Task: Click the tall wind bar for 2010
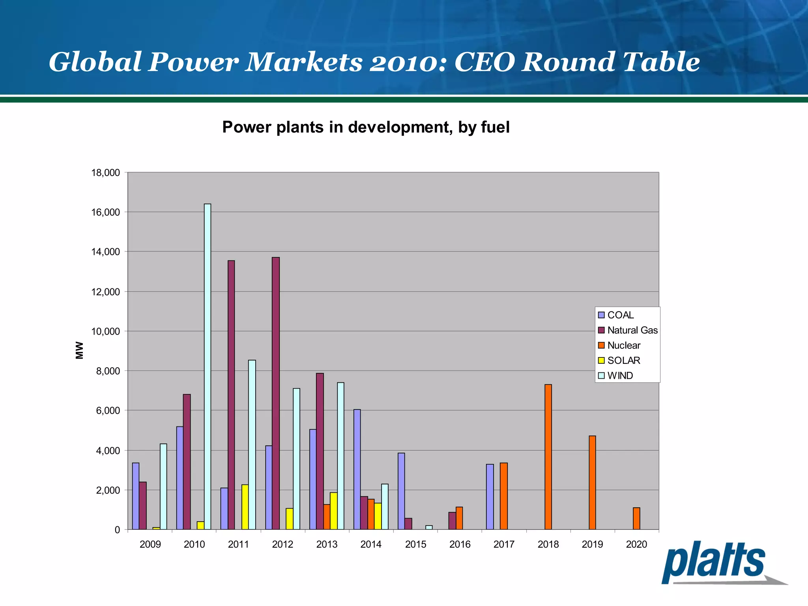208,367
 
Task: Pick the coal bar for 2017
490,497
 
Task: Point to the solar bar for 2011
245,507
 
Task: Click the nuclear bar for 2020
636,518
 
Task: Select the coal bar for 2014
357,469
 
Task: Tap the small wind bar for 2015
429,527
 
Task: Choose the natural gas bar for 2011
231,395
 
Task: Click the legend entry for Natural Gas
632,330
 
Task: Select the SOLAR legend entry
623,361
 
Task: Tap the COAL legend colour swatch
601,315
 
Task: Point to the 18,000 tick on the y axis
105,173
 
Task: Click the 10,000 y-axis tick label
105,331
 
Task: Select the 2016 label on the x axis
460,544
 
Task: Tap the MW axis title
80,350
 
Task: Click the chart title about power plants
366,127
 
